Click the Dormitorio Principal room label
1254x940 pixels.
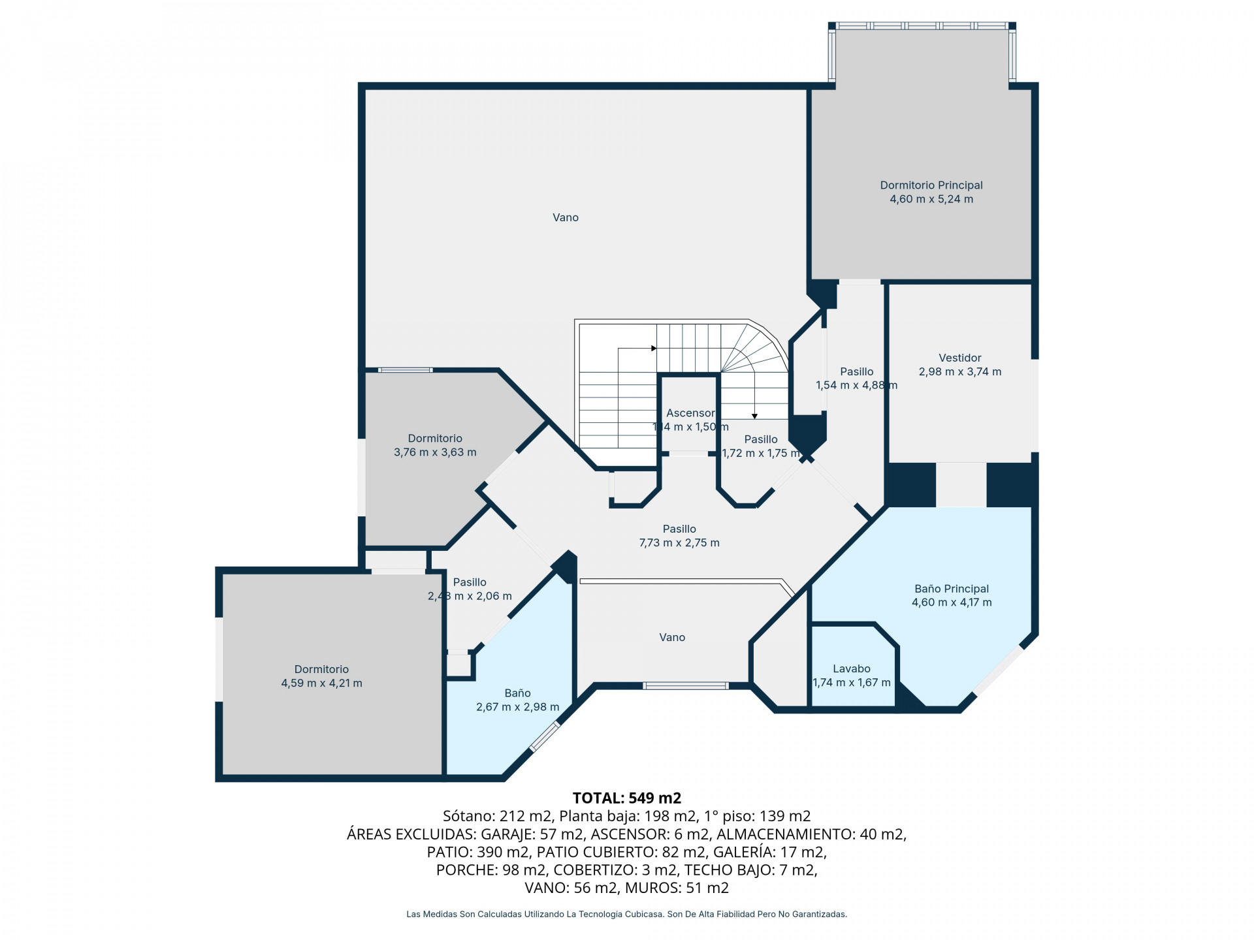point(931,185)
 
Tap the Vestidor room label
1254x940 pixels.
point(960,358)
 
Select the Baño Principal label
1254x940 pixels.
point(952,589)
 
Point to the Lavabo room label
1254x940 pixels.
point(852,668)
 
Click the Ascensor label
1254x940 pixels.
point(690,413)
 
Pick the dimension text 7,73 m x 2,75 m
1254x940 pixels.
point(679,542)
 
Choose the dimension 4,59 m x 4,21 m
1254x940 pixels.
point(321,683)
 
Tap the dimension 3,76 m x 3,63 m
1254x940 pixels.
point(435,452)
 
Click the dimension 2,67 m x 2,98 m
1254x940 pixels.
point(518,707)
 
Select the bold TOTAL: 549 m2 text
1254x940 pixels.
point(627,798)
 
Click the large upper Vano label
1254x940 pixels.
point(566,217)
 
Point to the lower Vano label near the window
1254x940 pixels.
point(672,637)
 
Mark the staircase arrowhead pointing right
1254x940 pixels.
point(654,349)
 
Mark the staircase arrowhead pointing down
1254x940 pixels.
point(754,416)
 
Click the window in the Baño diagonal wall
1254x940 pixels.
point(545,736)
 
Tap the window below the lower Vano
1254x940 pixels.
point(685,685)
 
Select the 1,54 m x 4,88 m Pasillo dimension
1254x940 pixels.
point(856,385)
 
